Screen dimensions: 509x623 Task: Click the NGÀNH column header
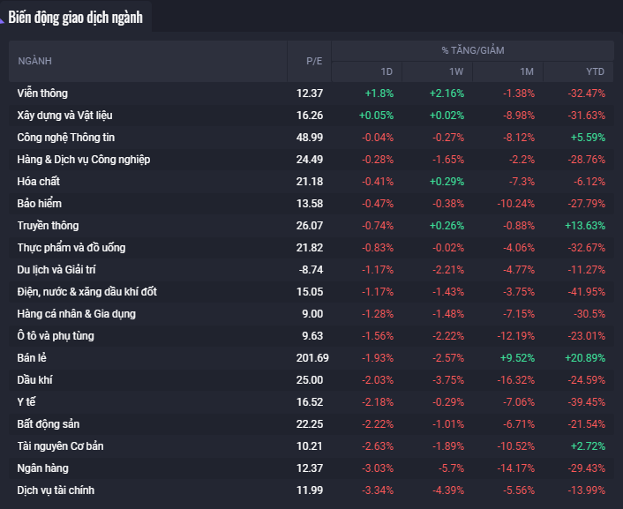(35, 61)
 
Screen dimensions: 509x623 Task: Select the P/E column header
(314, 61)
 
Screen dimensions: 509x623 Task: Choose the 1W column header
(455, 71)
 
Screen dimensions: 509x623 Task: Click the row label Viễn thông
(42, 93)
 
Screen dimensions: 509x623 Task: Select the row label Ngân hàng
(43, 468)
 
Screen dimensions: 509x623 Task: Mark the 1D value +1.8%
(379, 93)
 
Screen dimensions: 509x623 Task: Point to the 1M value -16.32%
(515, 379)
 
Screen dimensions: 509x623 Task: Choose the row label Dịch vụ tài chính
(56, 490)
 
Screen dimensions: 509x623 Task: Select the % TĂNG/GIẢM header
(473, 50)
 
